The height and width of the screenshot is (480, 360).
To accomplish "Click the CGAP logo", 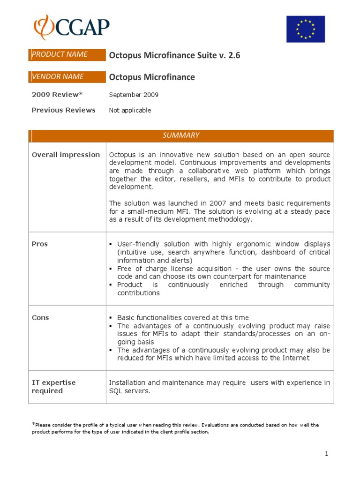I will [x=71, y=28].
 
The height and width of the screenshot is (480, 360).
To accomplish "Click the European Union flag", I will [x=305, y=29].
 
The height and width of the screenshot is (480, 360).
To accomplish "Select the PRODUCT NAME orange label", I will [x=67, y=54].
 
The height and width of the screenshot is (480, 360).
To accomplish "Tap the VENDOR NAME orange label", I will [x=67, y=77].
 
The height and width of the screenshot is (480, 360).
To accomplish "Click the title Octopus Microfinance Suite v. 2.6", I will [x=174, y=55].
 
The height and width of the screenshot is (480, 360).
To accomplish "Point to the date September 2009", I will [x=134, y=95].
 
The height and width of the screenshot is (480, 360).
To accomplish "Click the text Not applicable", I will [x=130, y=110].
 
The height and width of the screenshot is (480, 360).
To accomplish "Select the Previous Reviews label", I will [x=63, y=110].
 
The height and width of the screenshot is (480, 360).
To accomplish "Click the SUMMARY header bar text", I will [x=181, y=135].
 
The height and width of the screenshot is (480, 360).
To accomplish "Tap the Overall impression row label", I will [x=66, y=155].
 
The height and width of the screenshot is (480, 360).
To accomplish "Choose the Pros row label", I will [x=40, y=244].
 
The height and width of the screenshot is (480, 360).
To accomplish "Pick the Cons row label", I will [x=40, y=318].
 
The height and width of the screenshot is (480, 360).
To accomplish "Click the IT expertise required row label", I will [x=53, y=387].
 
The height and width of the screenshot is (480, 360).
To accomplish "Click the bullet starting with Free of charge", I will [x=223, y=273].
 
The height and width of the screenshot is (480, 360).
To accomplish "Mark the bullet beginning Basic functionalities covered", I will [x=183, y=318].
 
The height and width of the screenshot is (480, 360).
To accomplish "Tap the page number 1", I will [x=326, y=454].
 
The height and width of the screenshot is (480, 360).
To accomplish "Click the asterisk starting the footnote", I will [x=33, y=424].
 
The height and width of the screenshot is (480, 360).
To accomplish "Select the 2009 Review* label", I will [x=57, y=95].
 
